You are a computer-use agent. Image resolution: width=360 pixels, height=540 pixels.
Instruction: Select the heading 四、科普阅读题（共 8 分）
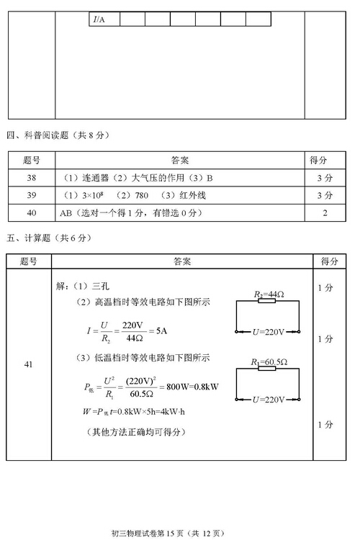(x=56, y=135)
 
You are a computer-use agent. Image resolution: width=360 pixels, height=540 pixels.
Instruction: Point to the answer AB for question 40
(x=68, y=212)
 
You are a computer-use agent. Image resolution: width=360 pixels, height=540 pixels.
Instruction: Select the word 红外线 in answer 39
(x=190, y=195)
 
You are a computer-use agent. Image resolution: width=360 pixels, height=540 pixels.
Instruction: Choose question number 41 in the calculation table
(x=29, y=364)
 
